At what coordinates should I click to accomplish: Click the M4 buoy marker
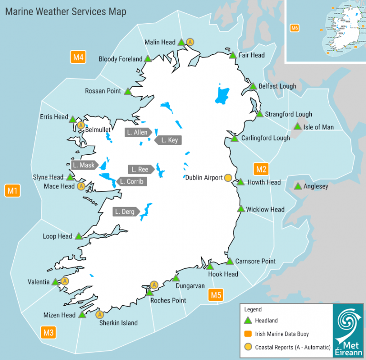click(78, 58)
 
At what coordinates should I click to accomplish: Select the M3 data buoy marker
click(48, 332)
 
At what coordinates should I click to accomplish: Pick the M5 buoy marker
click(216, 295)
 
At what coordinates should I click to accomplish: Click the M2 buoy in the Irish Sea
click(261, 169)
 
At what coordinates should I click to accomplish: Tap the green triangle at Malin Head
click(181, 42)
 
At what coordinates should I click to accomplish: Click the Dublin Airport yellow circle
click(228, 178)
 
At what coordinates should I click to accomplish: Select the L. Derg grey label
click(125, 211)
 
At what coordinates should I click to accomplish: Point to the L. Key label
click(169, 140)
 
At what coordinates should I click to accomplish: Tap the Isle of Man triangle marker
click(297, 127)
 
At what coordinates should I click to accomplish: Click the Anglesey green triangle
click(298, 186)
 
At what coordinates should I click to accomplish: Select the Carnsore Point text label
click(255, 261)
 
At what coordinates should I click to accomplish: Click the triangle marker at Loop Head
click(78, 236)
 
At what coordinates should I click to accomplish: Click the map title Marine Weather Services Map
click(66, 11)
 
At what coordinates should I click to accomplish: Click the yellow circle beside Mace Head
click(81, 186)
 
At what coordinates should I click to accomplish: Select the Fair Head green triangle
click(233, 55)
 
